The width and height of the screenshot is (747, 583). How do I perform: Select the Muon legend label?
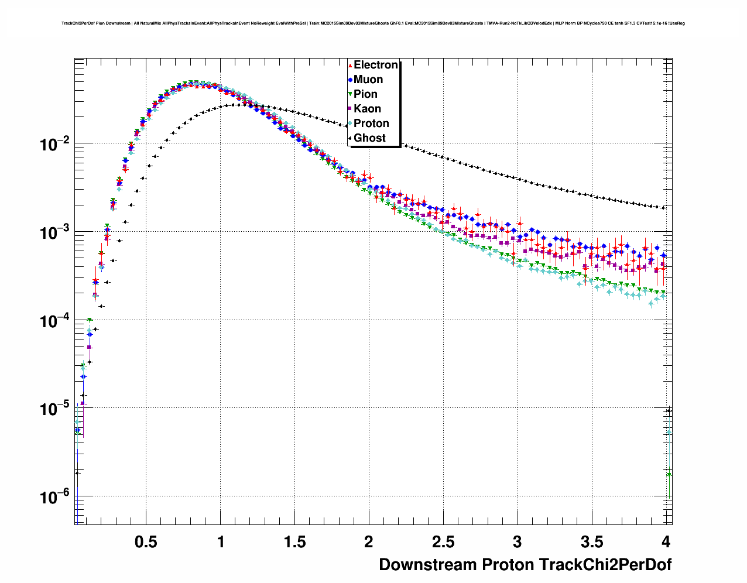[x=368, y=80]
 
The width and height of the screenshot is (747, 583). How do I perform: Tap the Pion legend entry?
[x=365, y=94]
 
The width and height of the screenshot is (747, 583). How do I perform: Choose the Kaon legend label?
[x=367, y=109]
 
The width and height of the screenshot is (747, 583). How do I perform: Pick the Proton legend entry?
[x=371, y=124]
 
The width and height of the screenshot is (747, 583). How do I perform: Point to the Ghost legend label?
[x=369, y=138]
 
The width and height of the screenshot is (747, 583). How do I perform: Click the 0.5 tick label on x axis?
[x=146, y=542]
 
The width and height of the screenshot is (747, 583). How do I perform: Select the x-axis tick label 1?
[x=220, y=542]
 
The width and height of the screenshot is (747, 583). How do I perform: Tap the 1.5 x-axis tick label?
[x=294, y=542]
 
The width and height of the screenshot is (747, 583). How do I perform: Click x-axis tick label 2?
[x=368, y=542]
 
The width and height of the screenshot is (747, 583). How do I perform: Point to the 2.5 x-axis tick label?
[x=443, y=542]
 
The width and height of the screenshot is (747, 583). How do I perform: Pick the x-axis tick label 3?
[x=517, y=542]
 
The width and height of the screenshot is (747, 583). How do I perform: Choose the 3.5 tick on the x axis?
[x=591, y=542]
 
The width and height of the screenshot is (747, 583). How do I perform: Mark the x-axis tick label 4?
[x=665, y=542]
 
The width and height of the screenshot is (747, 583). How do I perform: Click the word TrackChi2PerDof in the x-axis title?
[x=605, y=565]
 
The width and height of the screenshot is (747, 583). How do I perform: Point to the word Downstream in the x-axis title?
[x=428, y=565]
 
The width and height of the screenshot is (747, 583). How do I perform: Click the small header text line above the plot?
[x=373, y=23]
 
